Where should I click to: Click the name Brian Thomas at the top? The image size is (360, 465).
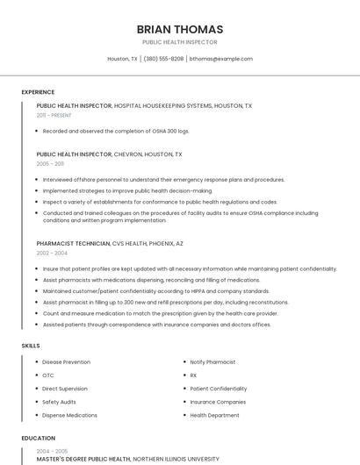[180, 29]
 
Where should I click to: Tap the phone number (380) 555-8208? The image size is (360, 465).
[163, 59]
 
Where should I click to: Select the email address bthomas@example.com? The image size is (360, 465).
[221, 59]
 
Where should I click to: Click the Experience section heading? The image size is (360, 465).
[38, 92]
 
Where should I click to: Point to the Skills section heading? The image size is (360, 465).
[31, 346]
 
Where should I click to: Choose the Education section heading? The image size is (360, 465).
[38, 438]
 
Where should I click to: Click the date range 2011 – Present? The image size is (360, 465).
[54, 115]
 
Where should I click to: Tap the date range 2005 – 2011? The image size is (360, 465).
[50, 164]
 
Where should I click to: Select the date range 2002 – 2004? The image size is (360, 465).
[52, 253]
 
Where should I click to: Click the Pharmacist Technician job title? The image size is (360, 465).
[73, 243]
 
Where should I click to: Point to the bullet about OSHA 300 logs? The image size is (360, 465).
[116, 131]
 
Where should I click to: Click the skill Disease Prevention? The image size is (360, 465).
[66, 361]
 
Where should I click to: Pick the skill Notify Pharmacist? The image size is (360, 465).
[212, 361]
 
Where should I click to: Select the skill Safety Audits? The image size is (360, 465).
[59, 402]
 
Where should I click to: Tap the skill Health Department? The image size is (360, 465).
[214, 415]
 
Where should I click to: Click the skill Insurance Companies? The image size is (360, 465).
[218, 402]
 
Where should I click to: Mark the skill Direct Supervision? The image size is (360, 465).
[64, 389]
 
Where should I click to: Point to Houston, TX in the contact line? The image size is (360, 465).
[122, 59]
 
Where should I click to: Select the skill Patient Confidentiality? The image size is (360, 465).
[218, 389]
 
